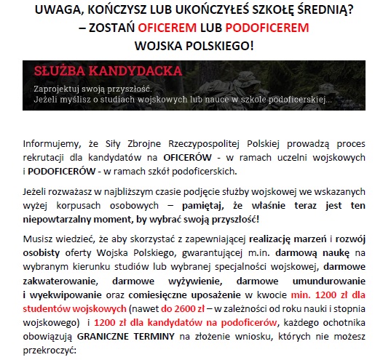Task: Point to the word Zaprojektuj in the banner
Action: point(58,88)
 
